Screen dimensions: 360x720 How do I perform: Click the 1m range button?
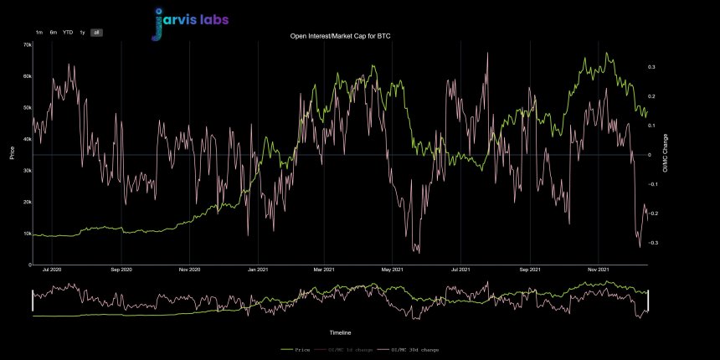[39, 32]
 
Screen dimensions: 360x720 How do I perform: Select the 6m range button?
[54, 32]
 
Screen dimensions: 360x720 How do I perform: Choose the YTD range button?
[68, 32]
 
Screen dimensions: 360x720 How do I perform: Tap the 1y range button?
[82, 32]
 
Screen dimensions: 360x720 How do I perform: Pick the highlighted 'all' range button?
[96, 32]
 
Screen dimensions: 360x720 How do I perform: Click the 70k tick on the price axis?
[27, 44]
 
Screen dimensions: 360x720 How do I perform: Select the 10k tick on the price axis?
[27, 234]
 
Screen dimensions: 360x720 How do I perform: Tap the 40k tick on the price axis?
[27, 139]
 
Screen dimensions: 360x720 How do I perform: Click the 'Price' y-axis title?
[12, 154]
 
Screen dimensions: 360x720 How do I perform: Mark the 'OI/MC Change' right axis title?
[666, 154]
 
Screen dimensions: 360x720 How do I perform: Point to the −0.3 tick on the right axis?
[652, 243]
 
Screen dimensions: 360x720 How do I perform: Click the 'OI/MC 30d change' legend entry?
[410, 349]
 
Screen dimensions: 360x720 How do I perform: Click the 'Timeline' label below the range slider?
[340, 332]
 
